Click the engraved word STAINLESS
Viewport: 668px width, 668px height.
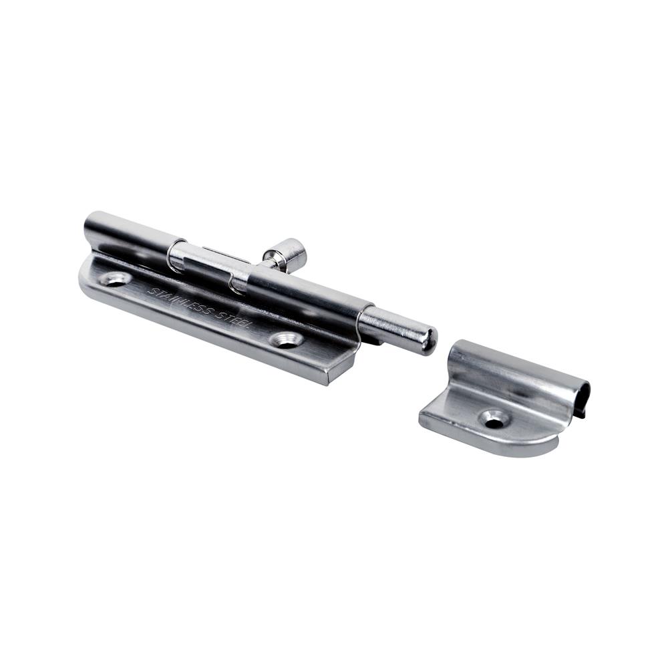coord(180,303)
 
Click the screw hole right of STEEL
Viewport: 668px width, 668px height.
coord(287,339)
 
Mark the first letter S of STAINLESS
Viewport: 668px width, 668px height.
coord(151,291)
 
